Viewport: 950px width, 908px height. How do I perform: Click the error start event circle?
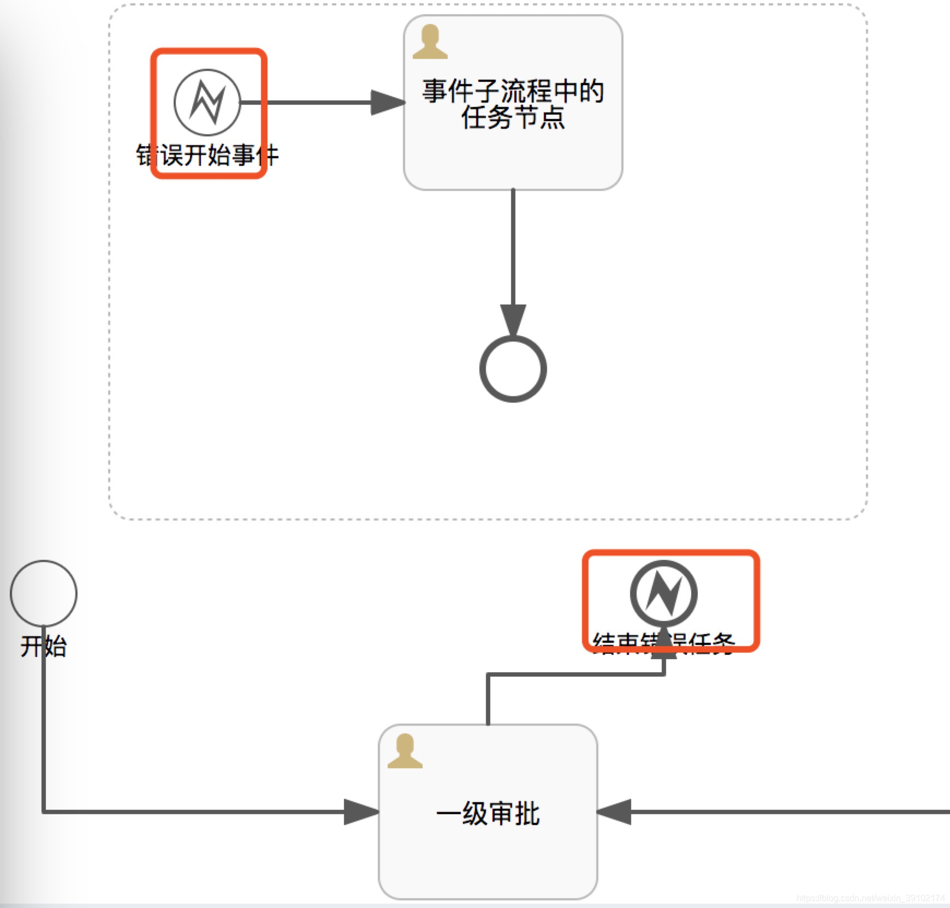pos(207,102)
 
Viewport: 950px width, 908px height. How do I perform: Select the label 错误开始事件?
pos(207,156)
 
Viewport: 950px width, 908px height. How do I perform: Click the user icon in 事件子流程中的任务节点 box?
pos(430,42)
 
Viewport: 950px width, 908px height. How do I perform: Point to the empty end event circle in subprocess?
pos(513,369)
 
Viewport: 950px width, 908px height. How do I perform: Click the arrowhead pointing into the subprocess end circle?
pos(513,319)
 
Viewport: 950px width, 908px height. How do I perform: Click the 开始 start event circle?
pos(44,593)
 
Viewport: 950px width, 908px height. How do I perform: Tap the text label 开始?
pos(44,646)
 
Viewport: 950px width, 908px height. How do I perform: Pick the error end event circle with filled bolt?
pos(663,593)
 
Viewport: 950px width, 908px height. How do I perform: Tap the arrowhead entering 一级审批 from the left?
pos(360,812)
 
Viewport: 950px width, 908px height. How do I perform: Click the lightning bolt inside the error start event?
pos(207,102)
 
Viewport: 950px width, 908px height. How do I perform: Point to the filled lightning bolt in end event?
pos(663,594)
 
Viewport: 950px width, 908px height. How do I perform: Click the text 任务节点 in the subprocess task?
pos(513,118)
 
